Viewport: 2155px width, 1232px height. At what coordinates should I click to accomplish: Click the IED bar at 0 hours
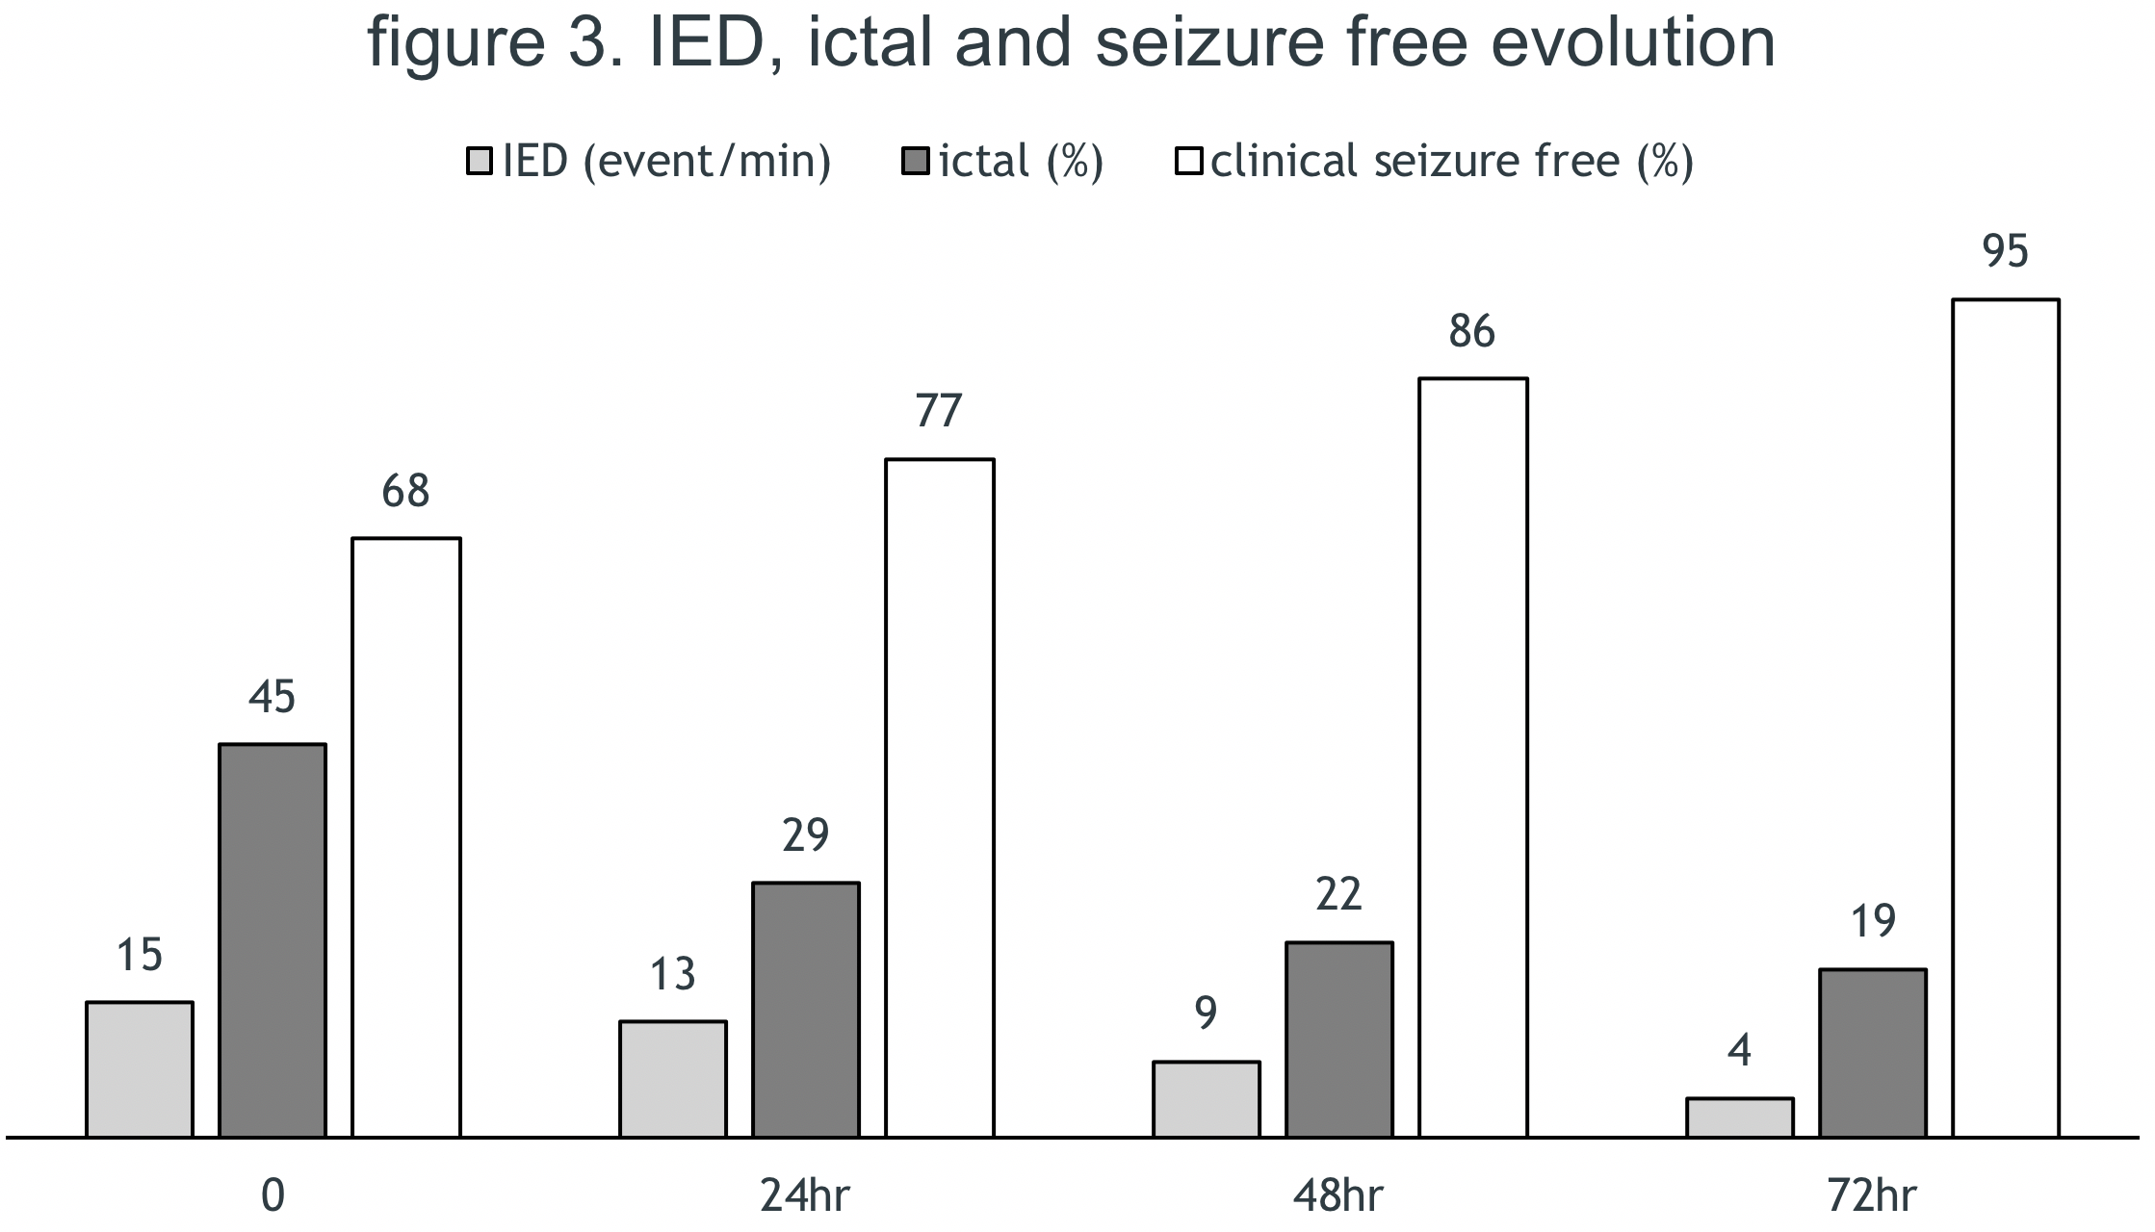coord(140,1068)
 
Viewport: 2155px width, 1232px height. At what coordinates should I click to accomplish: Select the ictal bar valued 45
coord(273,939)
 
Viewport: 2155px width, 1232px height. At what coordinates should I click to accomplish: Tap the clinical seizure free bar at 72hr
coord(2006,718)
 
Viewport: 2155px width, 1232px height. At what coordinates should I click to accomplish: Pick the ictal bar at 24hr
coord(806,1009)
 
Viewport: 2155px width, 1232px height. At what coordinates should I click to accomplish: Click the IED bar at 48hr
coord(1207,1098)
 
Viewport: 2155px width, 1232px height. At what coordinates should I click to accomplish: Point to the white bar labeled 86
coord(1473,757)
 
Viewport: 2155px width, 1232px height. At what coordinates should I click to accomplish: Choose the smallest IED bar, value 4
coord(1740,1116)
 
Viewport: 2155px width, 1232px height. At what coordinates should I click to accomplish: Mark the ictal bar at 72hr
coord(1873,1052)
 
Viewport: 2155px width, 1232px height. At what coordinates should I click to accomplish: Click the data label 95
coord(2006,252)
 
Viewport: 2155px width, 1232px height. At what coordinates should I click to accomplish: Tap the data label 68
coord(405,492)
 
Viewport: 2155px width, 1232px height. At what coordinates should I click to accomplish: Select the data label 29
coord(806,835)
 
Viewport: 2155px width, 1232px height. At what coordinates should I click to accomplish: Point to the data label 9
coord(1207,1013)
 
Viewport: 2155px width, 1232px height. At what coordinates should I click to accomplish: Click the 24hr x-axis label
coord(806,1196)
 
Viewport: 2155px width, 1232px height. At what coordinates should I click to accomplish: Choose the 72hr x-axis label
coord(1872,1196)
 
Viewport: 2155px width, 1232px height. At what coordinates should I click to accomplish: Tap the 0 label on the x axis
coord(273,1196)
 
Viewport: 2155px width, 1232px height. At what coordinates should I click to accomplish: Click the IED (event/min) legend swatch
coord(480,161)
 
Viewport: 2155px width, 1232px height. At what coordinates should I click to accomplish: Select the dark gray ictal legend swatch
coord(916,161)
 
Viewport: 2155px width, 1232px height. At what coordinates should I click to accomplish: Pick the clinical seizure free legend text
coord(1451,161)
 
